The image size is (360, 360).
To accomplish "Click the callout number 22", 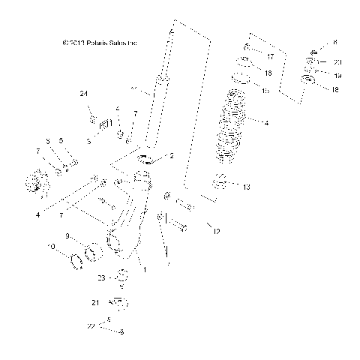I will click(90, 325).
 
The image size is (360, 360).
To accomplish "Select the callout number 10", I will click(51, 247).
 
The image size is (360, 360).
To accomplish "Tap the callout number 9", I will click(67, 237).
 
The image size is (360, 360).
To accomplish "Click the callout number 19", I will click(337, 76).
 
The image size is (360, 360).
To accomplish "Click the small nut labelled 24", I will click(92, 118).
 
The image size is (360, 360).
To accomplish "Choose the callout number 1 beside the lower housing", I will click(144, 267).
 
